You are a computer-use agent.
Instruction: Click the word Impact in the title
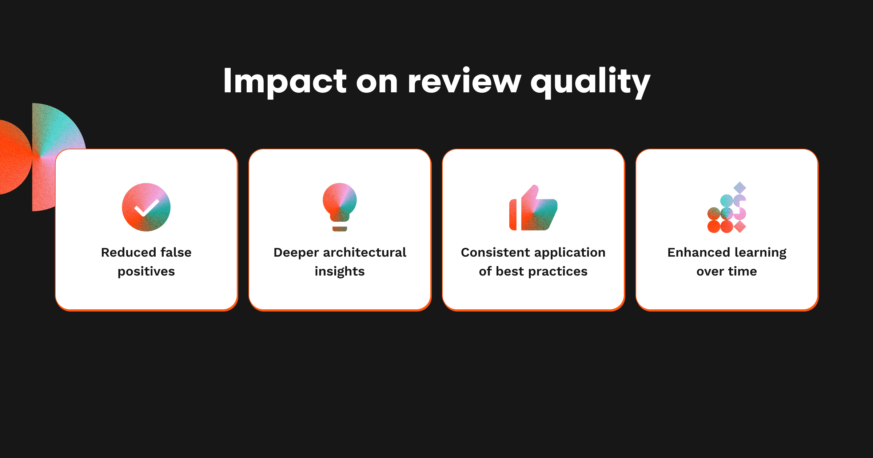pos(285,82)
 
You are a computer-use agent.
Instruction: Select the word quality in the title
pos(590,82)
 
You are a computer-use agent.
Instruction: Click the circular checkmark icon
pos(146,207)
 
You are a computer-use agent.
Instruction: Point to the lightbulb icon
pos(340,206)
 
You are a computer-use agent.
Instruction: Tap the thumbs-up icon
pos(533,208)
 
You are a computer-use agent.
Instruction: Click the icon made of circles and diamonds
pos(727,207)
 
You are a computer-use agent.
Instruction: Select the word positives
pos(146,272)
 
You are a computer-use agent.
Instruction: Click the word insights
pos(340,272)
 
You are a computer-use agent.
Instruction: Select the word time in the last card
pos(742,271)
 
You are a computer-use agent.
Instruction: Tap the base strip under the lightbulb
pos(340,229)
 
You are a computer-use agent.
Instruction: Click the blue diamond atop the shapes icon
pos(740,188)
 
